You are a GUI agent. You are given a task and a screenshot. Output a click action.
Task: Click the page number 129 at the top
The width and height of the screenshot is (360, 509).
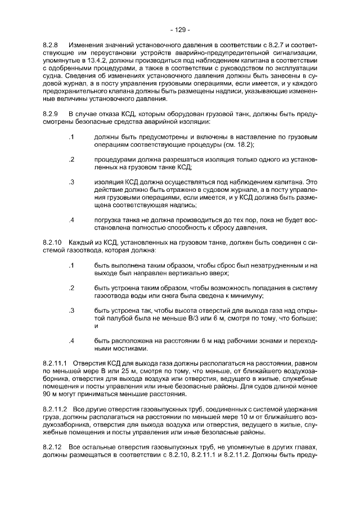pyautogui.click(x=180, y=29)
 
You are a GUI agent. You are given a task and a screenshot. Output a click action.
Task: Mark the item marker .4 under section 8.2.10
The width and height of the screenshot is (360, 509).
pyautogui.click(x=71, y=341)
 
